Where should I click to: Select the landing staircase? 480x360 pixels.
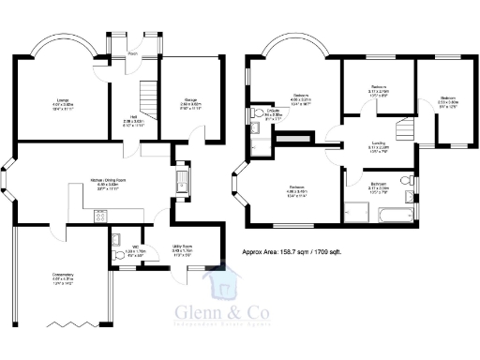pyautogui.click(x=405, y=131)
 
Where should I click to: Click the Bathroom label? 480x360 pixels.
pyautogui.click(x=379, y=186)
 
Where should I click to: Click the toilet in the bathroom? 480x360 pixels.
pyautogui.click(x=402, y=180)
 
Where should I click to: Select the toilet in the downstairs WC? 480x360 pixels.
pyautogui.click(x=112, y=238)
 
